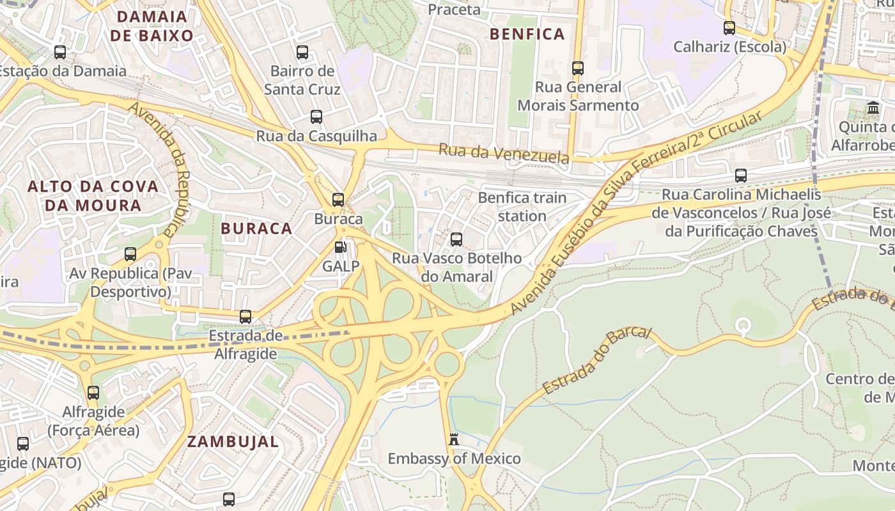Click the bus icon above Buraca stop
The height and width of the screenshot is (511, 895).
[x=338, y=199]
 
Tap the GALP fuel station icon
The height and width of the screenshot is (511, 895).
[x=341, y=247]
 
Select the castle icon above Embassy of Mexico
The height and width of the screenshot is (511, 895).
[x=454, y=439]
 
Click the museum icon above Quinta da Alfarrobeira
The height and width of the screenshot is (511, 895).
[x=873, y=107]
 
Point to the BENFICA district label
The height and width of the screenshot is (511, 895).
[x=527, y=34]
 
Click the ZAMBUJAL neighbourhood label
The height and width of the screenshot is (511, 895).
[x=233, y=441]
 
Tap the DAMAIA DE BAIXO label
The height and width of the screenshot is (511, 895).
[x=152, y=26]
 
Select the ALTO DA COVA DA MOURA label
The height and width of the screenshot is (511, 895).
[x=93, y=196]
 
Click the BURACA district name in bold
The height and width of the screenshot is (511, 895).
[x=256, y=228]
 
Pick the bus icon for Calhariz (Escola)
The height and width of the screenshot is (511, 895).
[x=729, y=27]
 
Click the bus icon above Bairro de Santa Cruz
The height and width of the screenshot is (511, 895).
[x=302, y=52]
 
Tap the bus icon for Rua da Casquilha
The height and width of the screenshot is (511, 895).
[x=316, y=116]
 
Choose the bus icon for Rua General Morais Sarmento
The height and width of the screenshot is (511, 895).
[x=578, y=68]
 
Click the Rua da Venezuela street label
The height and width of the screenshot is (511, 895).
[x=504, y=153]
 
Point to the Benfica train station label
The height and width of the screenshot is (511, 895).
[x=522, y=206]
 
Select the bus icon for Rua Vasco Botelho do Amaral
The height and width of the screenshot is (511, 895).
[x=456, y=240]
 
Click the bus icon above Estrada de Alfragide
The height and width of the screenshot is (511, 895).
[x=245, y=316]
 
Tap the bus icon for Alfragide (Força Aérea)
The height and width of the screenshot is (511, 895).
[x=93, y=393]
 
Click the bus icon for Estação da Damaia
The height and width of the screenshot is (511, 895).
[x=60, y=52]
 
